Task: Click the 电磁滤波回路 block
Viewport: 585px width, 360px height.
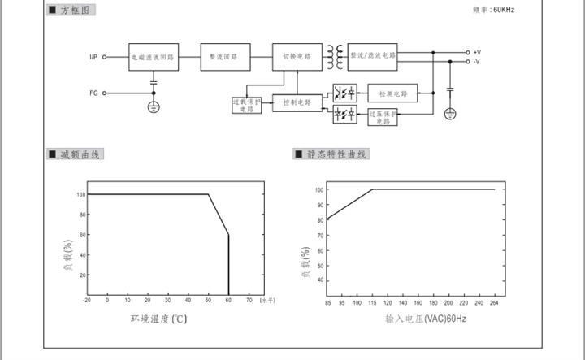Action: [x=154, y=57]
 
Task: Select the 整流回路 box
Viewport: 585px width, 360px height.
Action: [x=224, y=57]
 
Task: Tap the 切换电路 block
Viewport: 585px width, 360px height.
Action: [x=297, y=57]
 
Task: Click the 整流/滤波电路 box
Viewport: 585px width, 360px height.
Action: [x=373, y=56]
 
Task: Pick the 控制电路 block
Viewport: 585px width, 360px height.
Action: [x=297, y=103]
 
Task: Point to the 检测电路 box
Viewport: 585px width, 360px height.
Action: [x=393, y=93]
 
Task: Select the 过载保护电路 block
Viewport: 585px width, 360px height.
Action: [x=247, y=106]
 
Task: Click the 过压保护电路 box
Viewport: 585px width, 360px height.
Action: [x=383, y=116]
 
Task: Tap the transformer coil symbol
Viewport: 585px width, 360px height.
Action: [x=335, y=57]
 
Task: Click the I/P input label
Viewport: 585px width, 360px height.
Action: [x=93, y=57]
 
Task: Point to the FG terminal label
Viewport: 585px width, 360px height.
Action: [x=93, y=93]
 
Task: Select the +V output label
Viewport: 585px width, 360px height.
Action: [x=477, y=52]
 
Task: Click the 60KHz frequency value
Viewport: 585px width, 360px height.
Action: [x=504, y=10]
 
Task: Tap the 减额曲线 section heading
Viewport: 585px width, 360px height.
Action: [x=80, y=154]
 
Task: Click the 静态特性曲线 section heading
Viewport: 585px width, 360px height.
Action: [x=336, y=154]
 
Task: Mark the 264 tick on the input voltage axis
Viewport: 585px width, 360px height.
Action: [x=493, y=303]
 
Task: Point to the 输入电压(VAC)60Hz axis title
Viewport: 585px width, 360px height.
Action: [x=426, y=319]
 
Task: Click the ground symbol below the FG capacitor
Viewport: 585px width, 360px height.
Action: [x=154, y=106]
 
